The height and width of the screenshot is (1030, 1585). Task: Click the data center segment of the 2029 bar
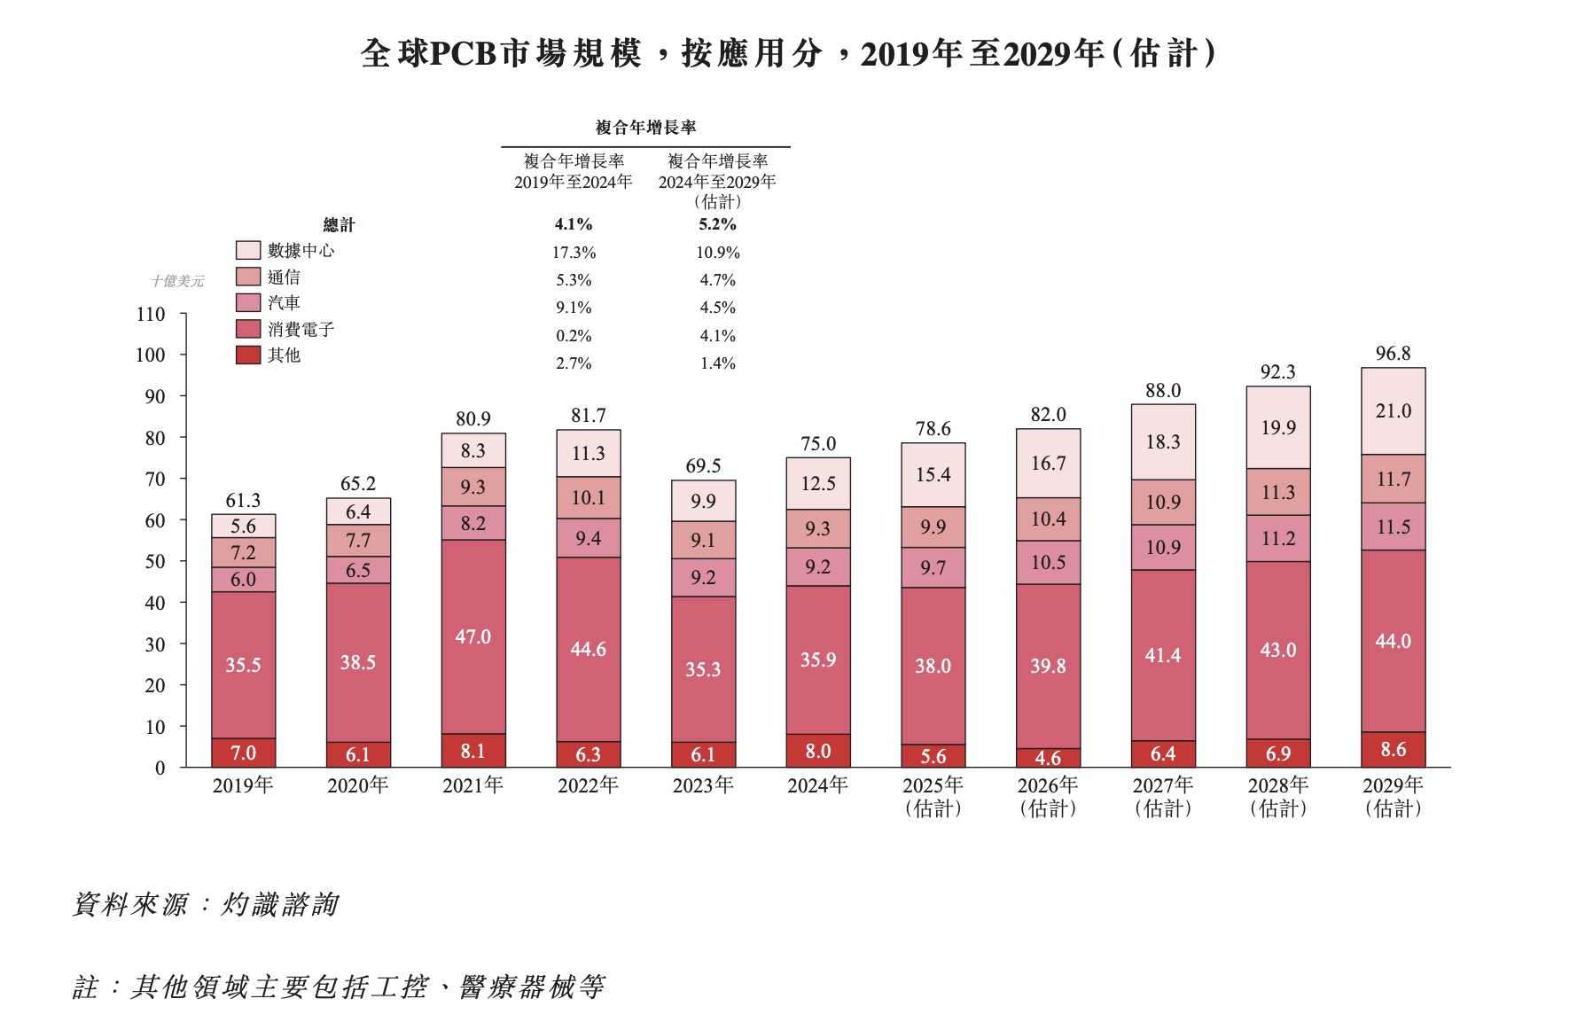coord(1393,411)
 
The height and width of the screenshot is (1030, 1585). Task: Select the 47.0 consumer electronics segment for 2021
coord(472,636)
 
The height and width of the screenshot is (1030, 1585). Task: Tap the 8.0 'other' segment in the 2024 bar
coord(817,751)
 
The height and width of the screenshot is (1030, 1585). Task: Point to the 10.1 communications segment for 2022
coord(588,497)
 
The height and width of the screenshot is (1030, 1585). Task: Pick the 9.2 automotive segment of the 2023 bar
coord(703,577)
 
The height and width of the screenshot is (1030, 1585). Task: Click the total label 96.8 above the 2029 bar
coord(1393,354)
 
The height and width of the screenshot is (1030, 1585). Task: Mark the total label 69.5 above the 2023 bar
coord(703,466)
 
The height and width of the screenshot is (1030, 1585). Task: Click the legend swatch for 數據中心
coord(248,251)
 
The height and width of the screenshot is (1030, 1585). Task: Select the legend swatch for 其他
coord(248,355)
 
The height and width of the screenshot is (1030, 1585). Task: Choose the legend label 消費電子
coord(301,330)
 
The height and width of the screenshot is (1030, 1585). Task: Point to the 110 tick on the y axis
coord(151,315)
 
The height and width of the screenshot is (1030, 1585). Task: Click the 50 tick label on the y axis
coord(154,562)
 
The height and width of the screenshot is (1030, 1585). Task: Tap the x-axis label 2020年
coord(357,785)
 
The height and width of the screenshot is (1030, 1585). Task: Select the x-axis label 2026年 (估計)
coord(1048,796)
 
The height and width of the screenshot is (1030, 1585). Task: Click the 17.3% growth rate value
coord(574,253)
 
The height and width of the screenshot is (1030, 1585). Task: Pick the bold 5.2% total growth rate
coord(717,224)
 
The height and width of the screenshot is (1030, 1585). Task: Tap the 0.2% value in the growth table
coord(574,336)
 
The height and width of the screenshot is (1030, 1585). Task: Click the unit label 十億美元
coord(177,281)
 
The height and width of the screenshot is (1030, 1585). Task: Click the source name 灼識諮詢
coord(279,904)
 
